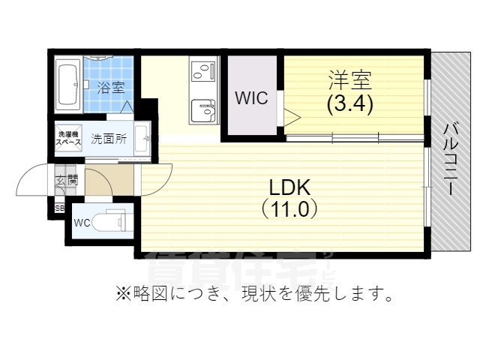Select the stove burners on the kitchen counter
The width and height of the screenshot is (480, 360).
click(202, 72)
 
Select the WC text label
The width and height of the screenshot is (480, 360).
click(82, 223)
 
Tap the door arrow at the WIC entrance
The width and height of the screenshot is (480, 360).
click(291, 116)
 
